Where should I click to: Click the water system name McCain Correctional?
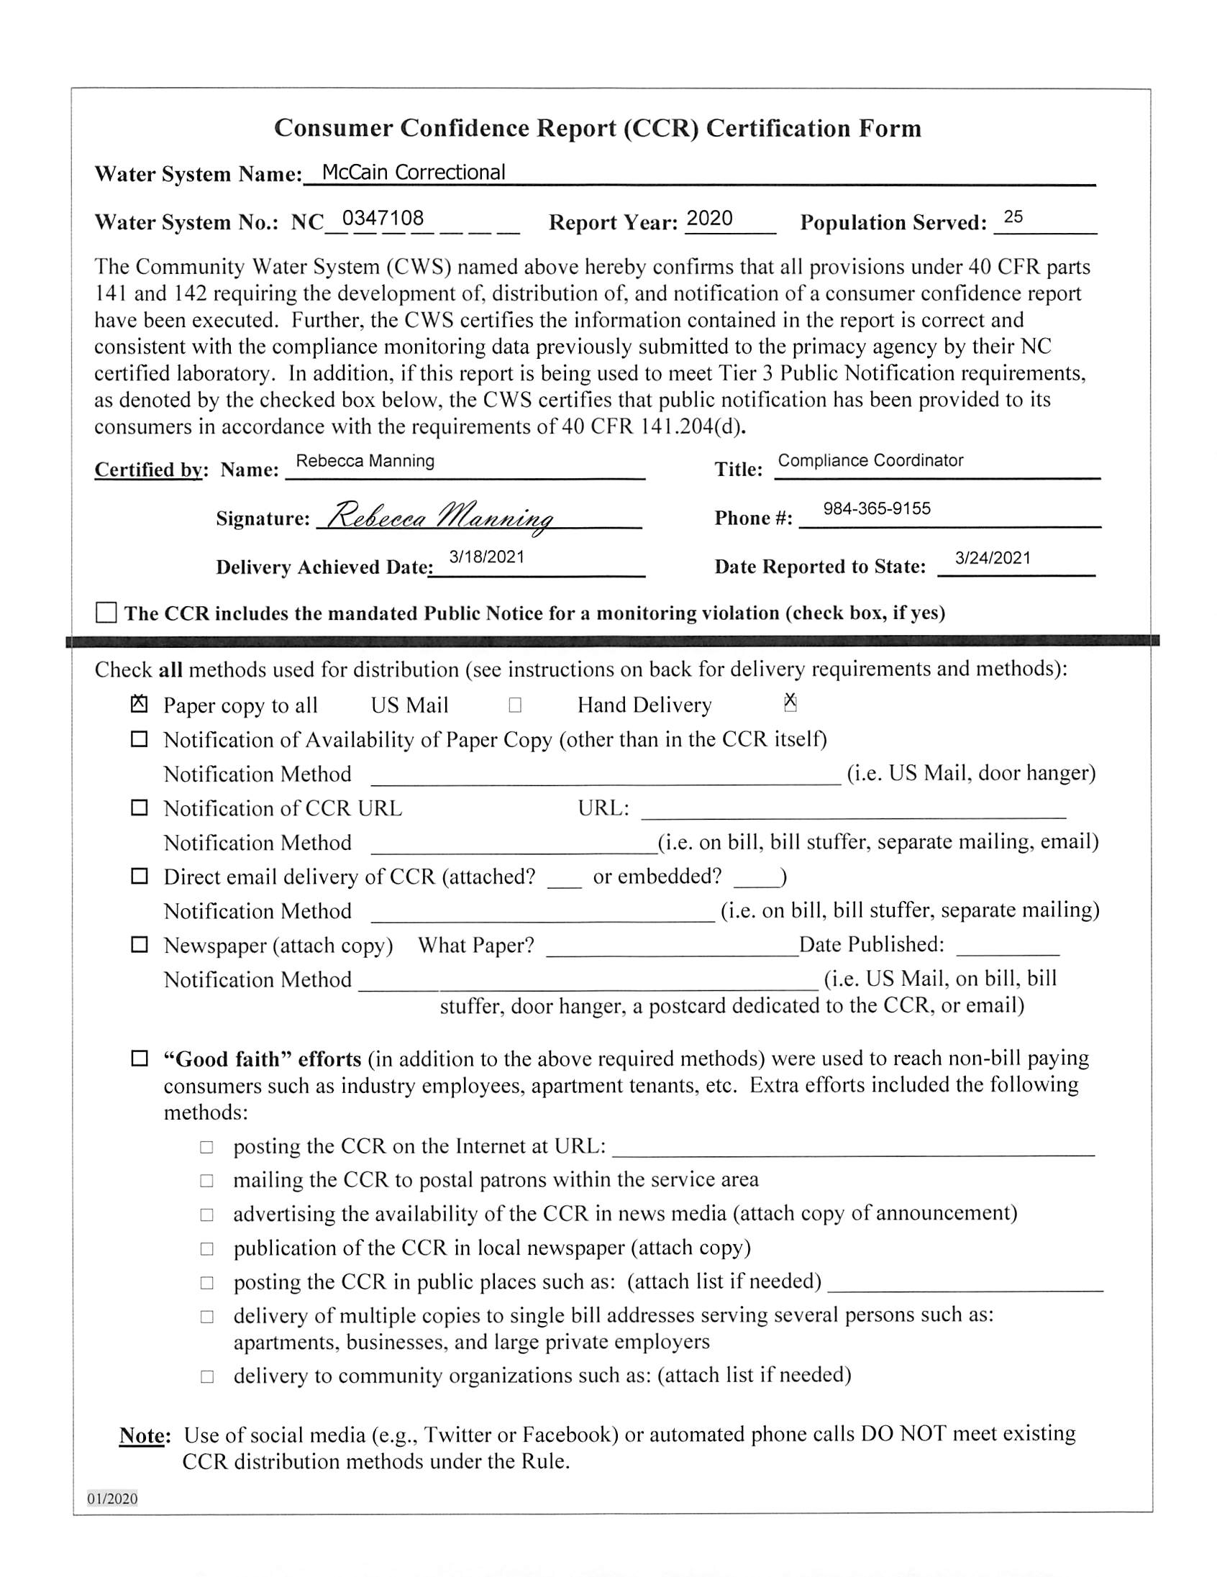pyautogui.click(x=413, y=173)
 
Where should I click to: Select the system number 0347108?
pyautogui.click(x=383, y=218)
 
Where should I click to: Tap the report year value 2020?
pyautogui.click(x=709, y=218)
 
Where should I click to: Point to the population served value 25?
pyautogui.click(x=1013, y=216)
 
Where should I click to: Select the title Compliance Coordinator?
pyautogui.click(x=870, y=461)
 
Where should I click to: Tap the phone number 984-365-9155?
pyautogui.click(x=877, y=508)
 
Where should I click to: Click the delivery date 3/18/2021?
pyautogui.click(x=487, y=557)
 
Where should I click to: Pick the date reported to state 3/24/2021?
pyautogui.click(x=993, y=557)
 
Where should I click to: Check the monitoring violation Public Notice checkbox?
pyautogui.click(x=106, y=612)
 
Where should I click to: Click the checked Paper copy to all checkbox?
pyautogui.click(x=139, y=704)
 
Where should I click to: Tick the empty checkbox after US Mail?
pyautogui.click(x=515, y=705)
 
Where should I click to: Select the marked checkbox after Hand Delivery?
pyautogui.click(x=790, y=703)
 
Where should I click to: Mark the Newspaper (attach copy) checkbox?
pyautogui.click(x=139, y=944)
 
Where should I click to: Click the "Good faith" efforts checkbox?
pyautogui.click(x=139, y=1059)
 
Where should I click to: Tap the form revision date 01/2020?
pyautogui.click(x=113, y=1499)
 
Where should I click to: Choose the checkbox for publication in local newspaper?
pyautogui.click(x=207, y=1248)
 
